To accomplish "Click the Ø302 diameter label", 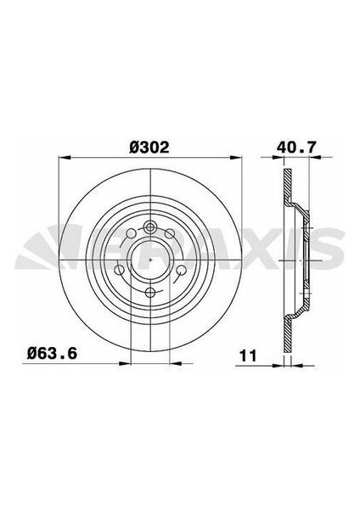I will click(x=149, y=146).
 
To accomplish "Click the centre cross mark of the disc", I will click(x=149, y=259).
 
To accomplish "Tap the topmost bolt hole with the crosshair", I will click(x=149, y=226).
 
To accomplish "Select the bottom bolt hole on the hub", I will click(x=149, y=293).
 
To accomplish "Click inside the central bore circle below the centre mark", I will click(x=149, y=270).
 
